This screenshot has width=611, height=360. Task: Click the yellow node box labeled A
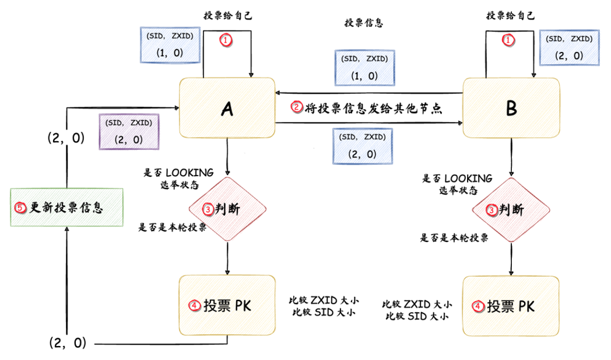coord(227,109)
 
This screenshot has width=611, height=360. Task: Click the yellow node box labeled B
coord(511,109)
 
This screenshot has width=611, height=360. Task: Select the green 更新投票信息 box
coord(66,207)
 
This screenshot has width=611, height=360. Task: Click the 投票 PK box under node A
coord(227,305)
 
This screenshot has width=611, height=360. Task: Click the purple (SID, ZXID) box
coord(129,131)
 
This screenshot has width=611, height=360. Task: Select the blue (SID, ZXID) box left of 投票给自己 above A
coord(170,45)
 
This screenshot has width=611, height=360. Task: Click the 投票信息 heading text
coord(363,23)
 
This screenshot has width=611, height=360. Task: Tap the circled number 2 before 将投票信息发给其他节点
coord(297,107)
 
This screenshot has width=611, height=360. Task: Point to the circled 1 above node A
coord(226,40)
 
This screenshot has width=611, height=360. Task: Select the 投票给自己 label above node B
coord(511,16)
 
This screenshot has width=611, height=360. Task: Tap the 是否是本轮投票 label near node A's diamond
coord(172,228)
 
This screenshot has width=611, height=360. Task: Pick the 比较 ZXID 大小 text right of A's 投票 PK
coord(324,300)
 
